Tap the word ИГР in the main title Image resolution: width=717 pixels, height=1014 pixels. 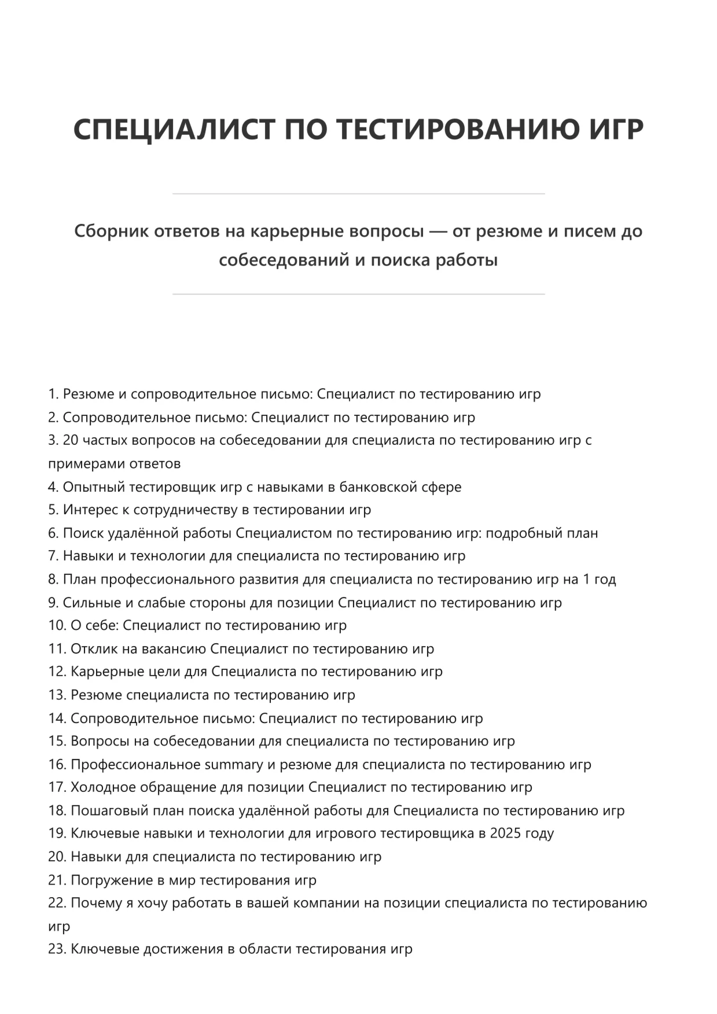pos(616,129)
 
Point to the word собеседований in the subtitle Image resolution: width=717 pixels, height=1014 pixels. pos(284,260)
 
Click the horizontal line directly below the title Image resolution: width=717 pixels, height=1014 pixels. pos(358,194)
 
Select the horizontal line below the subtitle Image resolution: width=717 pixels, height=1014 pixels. pos(358,294)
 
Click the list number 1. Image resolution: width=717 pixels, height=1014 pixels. pos(53,394)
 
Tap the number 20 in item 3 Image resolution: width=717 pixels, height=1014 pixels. pos(70,440)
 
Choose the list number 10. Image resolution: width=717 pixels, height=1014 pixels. pos(57,625)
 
